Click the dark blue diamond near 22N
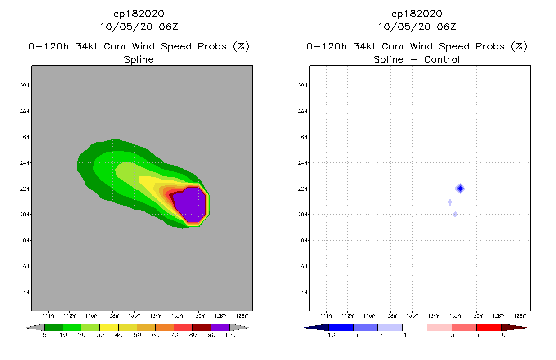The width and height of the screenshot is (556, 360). [x=460, y=189]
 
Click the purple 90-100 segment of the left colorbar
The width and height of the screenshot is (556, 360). [x=220, y=327]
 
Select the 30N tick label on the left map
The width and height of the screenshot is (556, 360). [x=25, y=85]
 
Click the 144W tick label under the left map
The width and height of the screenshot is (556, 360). [x=48, y=315]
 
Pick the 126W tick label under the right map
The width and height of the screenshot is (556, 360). [x=520, y=315]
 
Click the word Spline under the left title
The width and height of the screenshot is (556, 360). [x=139, y=59]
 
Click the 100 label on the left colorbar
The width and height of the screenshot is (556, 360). [x=229, y=335]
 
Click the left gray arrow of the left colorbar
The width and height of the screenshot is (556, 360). [x=35, y=327]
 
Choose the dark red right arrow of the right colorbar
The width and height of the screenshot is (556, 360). [x=513, y=327]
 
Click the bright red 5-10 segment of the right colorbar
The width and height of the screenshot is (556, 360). [x=489, y=327]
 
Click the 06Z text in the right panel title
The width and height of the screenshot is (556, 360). [x=446, y=27]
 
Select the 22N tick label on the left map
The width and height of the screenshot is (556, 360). [x=25, y=189]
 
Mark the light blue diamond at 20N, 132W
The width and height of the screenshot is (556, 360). [x=455, y=214]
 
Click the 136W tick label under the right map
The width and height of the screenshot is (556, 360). [x=412, y=315]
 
